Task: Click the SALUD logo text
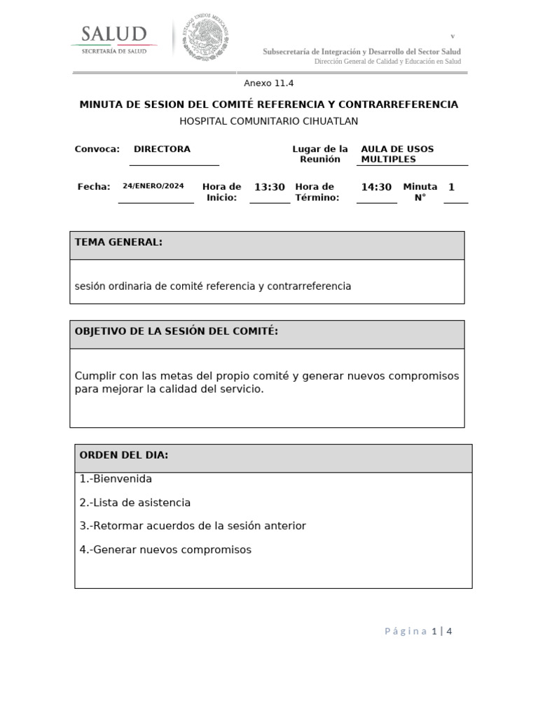tap(113, 34)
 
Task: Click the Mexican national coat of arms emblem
tap(206, 36)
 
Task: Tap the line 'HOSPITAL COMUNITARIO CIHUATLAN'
tap(268, 121)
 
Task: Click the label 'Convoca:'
tap(97, 149)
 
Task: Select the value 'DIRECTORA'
tap(162, 149)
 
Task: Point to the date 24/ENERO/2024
tap(153, 186)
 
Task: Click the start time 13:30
tap(269, 187)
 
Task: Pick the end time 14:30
tap(376, 187)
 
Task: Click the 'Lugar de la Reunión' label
tap(319, 154)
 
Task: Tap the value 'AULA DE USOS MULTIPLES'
tap(397, 154)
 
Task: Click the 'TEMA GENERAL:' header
tap(118, 242)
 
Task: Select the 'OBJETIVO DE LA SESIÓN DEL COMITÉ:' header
tap(177, 331)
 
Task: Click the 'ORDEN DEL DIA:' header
tap(124, 455)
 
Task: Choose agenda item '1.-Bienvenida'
tap(116, 479)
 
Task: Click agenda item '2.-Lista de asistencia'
tap(135, 503)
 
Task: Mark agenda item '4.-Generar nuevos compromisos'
tap(165, 550)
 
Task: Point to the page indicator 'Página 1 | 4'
tap(418, 631)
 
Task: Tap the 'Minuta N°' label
tap(420, 192)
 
